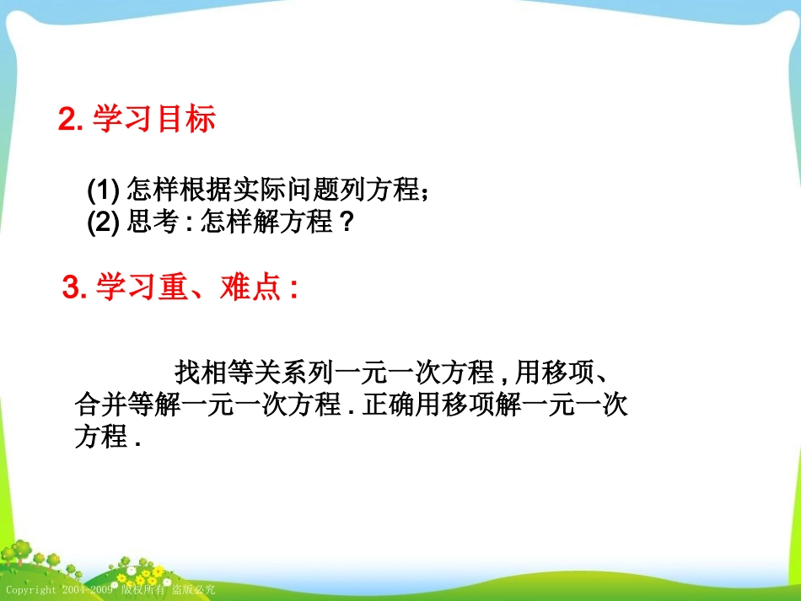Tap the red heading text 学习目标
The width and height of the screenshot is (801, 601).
pos(153,120)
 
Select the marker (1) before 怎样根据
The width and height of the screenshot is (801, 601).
pos(105,190)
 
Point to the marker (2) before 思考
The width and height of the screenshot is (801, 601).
pos(105,224)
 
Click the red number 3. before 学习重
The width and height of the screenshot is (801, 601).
pos(76,288)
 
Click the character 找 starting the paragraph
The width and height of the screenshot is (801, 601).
pos(187,371)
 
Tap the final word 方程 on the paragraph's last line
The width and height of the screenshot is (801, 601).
pos(101,438)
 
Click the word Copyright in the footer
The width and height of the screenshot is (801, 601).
pos(32,590)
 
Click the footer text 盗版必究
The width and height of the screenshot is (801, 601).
pos(194,590)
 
